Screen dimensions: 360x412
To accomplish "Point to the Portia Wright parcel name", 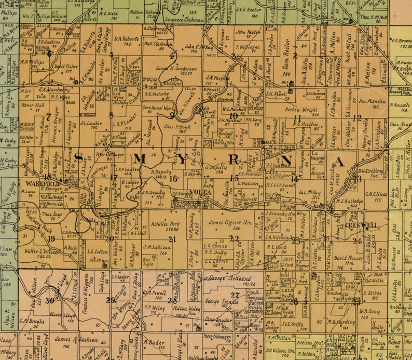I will (300, 110).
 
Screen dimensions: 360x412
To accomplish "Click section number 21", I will (172, 239).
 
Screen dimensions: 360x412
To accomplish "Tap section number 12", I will (356, 117).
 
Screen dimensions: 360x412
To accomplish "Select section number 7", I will (48, 116).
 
